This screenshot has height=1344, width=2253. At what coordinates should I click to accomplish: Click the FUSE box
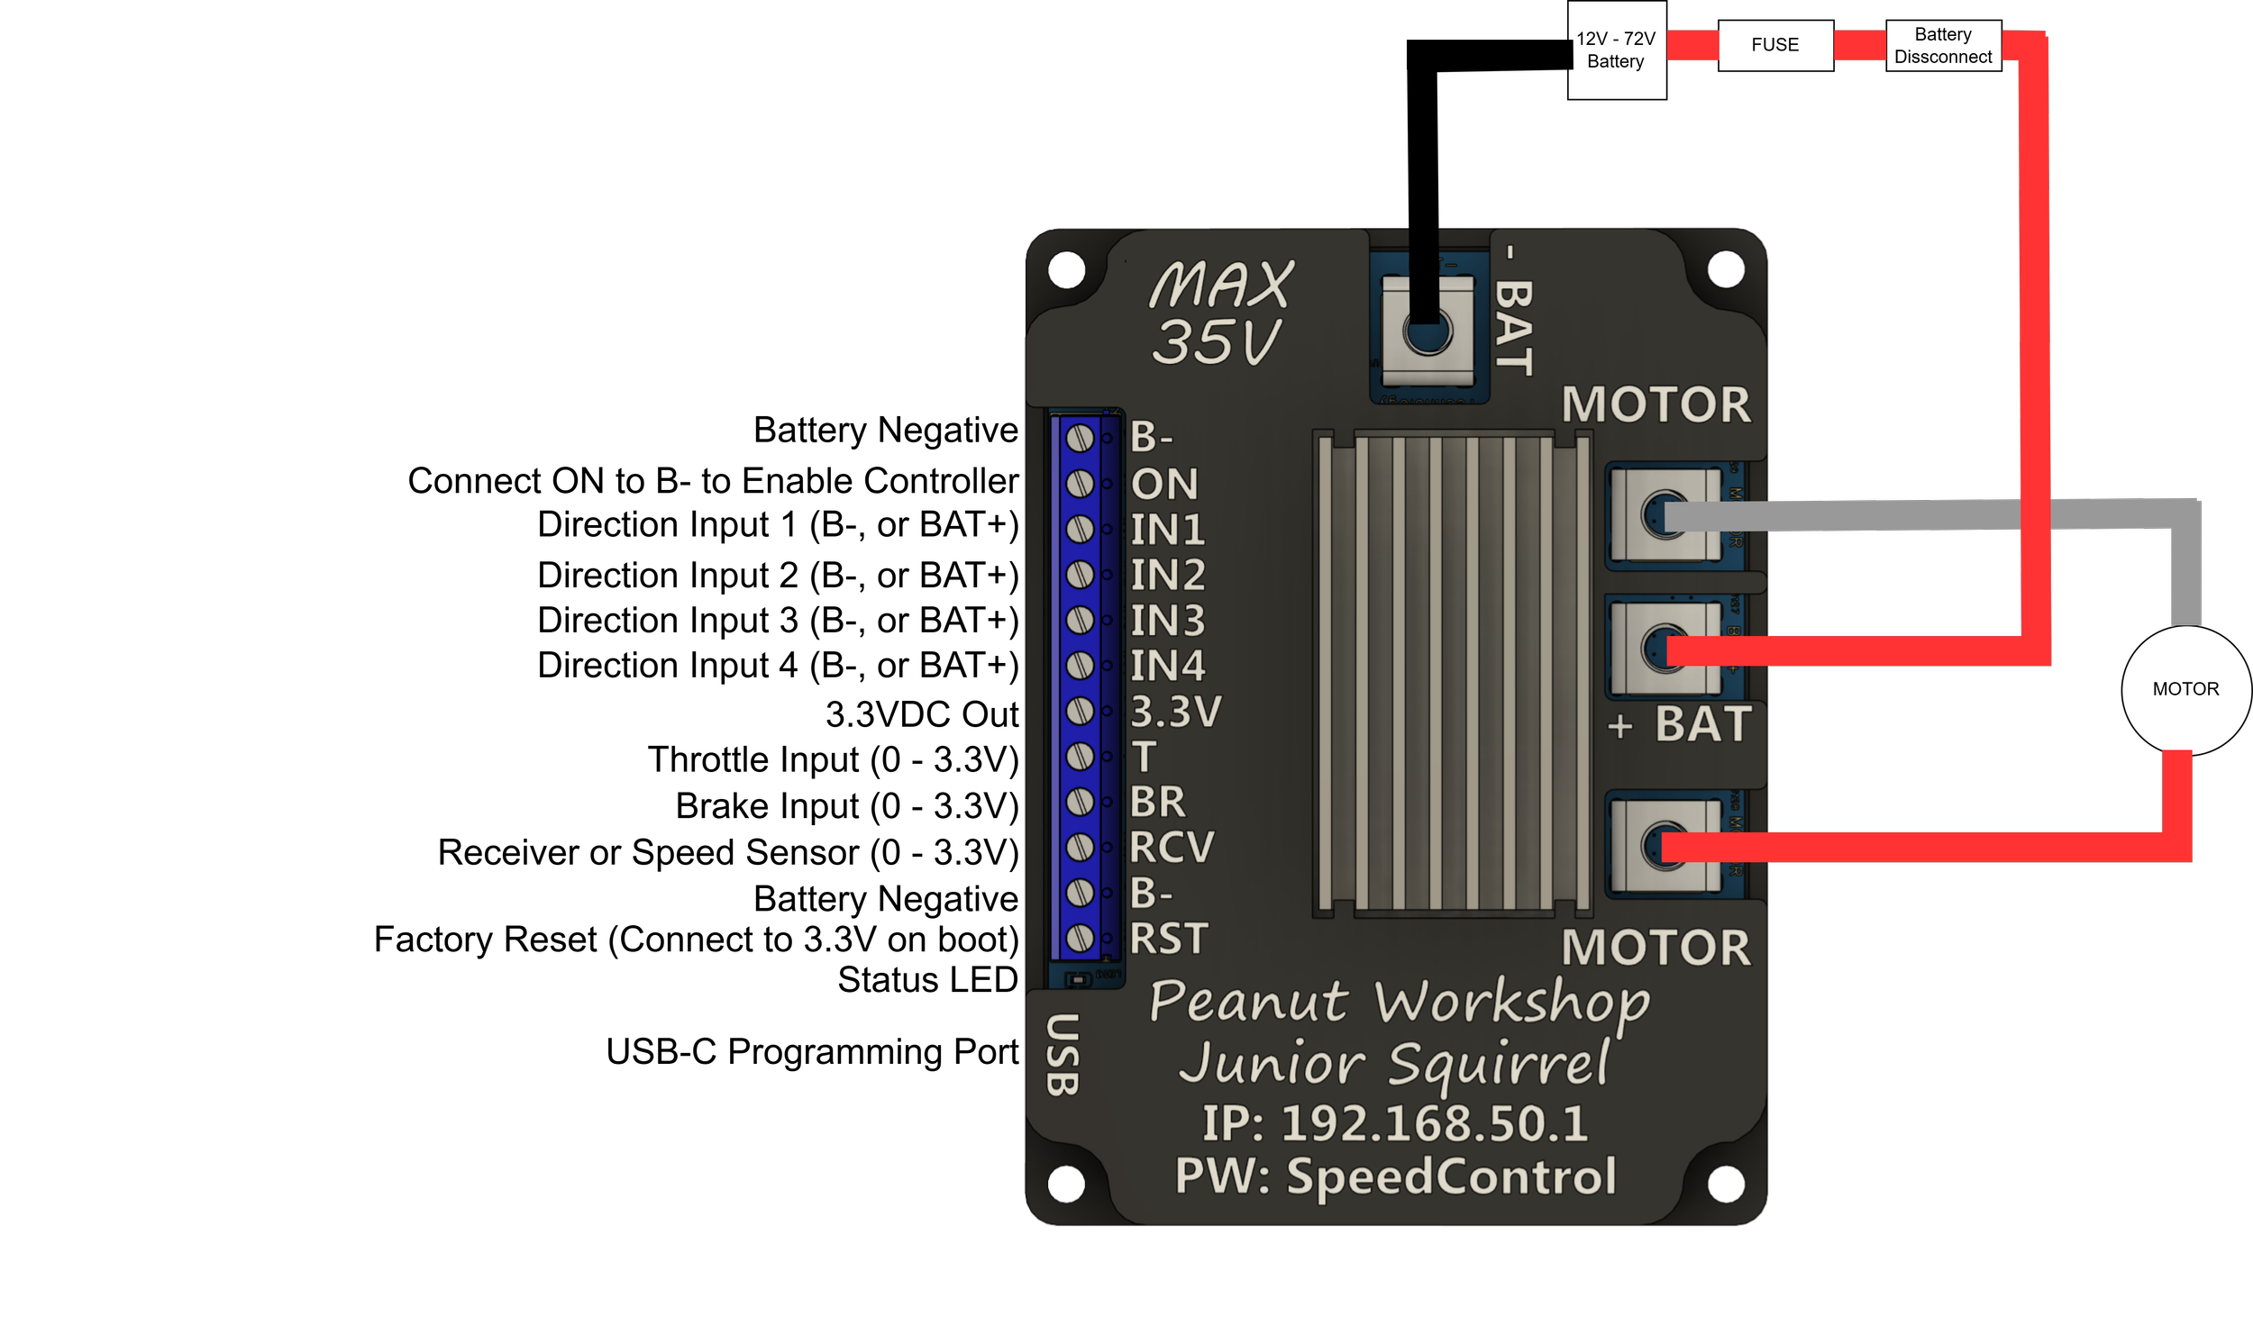click(x=1774, y=45)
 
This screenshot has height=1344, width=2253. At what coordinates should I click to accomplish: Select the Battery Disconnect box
click(x=1943, y=45)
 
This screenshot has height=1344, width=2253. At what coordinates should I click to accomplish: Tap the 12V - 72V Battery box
click(x=1616, y=50)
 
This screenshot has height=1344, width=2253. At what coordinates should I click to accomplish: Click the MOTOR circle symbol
click(x=2186, y=690)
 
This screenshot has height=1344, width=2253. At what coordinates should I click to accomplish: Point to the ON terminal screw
click(x=1080, y=484)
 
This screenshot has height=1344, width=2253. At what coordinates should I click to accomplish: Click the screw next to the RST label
click(x=1080, y=939)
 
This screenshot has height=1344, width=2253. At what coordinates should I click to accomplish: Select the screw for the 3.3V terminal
click(x=1080, y=711)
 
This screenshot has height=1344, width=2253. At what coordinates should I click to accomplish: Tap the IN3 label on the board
click(x=1168, y=621)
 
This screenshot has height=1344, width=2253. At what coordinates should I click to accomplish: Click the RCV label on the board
click(x=1172, y=848)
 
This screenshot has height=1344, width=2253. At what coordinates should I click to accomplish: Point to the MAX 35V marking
click(x=1220, y=313)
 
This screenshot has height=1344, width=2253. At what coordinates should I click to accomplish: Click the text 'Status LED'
click(x=927, y=980)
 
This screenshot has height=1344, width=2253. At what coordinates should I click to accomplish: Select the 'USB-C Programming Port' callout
click(x=813, y=1052)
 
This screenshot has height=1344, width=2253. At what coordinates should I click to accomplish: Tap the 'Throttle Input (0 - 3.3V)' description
click(x=834, y=760)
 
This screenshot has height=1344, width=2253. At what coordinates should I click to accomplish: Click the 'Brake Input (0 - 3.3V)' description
click(x=848, y=806)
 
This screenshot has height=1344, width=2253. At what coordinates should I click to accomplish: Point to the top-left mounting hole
click(x=1066, y=269)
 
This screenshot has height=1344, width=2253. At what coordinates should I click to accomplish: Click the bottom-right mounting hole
click(x=1726, y=1184)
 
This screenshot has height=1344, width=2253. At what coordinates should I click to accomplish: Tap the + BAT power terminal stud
click(x=1665, y=648)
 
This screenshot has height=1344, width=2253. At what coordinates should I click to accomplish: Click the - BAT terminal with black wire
click(x=1427, y=332)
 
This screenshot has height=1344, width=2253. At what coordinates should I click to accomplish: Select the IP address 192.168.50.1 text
click(x=1435, y=1124)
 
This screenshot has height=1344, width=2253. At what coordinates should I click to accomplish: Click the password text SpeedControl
click(x=1451, y=1177)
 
